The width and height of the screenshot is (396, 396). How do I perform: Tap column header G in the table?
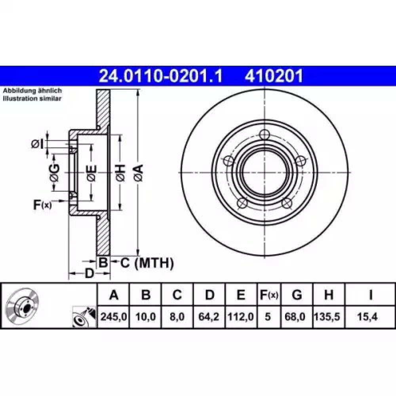(x=297, y=295)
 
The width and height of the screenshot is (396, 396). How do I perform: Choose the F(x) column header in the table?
(x=268, y=295)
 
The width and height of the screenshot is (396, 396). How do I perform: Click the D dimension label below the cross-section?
(x=89, y=273)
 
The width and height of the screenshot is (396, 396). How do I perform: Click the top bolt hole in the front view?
(x=265, y=134)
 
